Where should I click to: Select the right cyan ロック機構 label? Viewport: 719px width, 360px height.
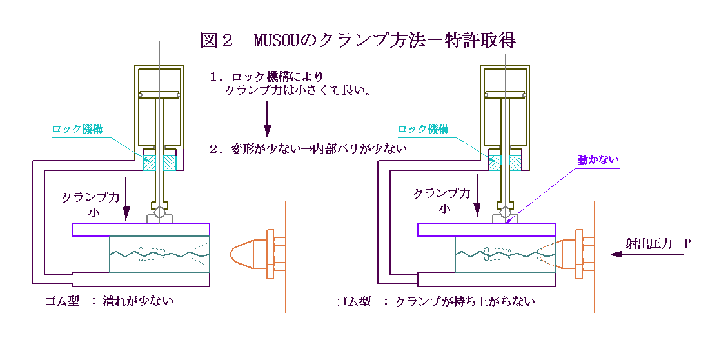point(422,129)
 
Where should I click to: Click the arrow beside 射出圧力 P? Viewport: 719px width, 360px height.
point(645,255)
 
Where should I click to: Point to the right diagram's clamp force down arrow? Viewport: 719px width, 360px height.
point(477,199)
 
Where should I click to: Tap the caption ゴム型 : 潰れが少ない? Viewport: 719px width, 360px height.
point(109,301)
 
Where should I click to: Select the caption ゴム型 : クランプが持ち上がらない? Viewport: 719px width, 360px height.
point(436,301)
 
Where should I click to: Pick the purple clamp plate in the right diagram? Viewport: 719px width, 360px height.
point(486,230)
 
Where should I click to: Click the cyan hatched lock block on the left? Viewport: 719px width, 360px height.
point(159,161)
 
